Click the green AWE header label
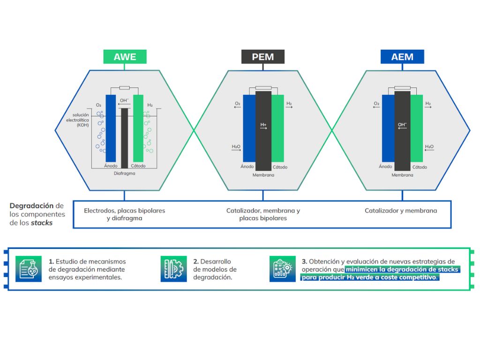[125, 57]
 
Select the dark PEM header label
[263, 57]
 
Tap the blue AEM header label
[402, 57]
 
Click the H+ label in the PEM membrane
[263, 125]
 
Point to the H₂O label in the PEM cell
[236, 147]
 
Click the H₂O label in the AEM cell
[429, 147]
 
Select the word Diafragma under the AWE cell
[124, 173]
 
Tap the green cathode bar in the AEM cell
[416, 127]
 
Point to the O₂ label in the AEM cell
[376, 104]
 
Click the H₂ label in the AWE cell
[150, 105]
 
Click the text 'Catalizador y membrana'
[401, 211]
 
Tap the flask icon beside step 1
[28, 269]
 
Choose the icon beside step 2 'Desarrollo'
[173, 269]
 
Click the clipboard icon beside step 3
[282, 269]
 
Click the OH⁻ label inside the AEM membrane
[402, 125]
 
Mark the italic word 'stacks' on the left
[42, 223]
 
